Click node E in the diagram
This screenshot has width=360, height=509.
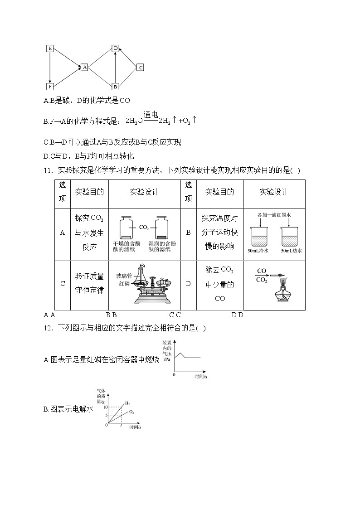click(50, 48)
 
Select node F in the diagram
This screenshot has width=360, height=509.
click(50, 86)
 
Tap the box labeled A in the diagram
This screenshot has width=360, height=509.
click(84, 67)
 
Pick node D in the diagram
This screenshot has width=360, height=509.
click(116, 48)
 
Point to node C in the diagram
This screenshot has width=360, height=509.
click(140, 67)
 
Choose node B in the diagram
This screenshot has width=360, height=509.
click(116, 86)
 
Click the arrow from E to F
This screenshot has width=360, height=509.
click(50, 67)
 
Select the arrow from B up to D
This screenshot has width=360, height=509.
click(116, 67)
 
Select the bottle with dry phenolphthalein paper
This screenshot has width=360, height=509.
click(126, 228)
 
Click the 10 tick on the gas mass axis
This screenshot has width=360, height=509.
click(105, 407)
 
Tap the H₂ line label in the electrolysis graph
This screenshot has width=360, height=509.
click(127, 403)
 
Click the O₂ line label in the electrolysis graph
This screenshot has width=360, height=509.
click(131, 412)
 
